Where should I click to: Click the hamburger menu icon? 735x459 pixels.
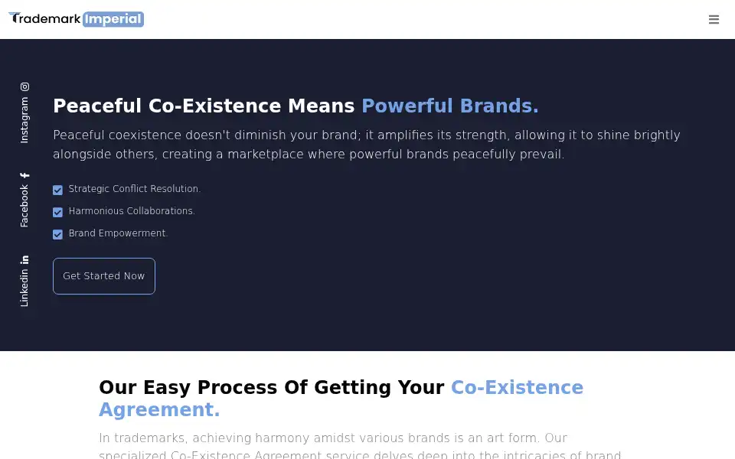[714, 19]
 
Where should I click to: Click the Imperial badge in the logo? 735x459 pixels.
[113, 19]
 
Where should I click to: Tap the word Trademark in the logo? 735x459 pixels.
[45, 18]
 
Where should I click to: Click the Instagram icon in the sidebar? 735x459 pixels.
[24, 86]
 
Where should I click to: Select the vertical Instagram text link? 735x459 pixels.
[24, 120]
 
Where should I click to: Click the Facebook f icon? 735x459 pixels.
[24, 175]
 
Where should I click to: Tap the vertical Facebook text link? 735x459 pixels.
[24, 206]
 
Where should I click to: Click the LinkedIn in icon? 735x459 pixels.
[24, 259]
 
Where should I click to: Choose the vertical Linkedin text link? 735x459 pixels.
[24, 288]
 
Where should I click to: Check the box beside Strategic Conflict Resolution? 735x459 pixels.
[57, 190]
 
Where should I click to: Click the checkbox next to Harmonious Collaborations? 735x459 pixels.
[57, 212]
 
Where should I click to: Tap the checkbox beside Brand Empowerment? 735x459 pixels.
[57, 234]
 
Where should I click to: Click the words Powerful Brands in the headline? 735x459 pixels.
[450, 106]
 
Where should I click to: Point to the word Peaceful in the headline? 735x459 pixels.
[97, 106]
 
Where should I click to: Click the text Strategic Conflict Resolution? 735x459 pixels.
[135, 189]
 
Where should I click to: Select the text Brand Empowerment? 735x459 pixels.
[118, 233]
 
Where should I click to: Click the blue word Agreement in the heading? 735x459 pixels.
[159, 410]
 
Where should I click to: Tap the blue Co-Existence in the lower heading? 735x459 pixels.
[517, 387]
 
